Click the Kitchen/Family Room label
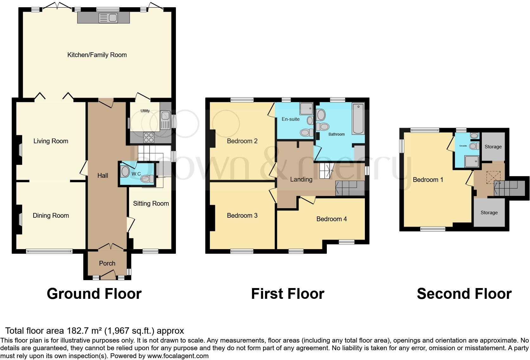(97, 55)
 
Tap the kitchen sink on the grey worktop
(108, 18)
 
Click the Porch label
(107, 263)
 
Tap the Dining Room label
(51, 215)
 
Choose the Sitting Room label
(151, 203)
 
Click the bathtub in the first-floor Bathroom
(358, 119)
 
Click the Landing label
(301, 179)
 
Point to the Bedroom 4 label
(332, 219)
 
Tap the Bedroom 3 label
(242, 215)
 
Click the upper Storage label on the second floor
(493, 147)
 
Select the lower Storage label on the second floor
(489, 213)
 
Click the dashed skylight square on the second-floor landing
(493, 177)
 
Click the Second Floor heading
(464, 294)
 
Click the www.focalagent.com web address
(178, 356)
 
